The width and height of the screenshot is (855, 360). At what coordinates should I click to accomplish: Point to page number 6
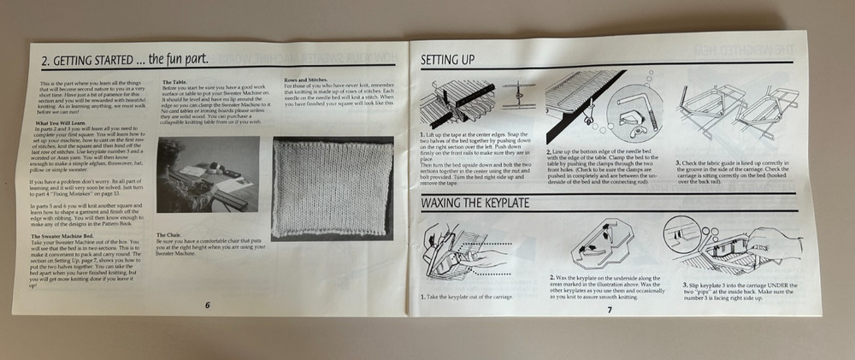[207, 304]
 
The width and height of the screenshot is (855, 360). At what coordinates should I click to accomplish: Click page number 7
[610, 309]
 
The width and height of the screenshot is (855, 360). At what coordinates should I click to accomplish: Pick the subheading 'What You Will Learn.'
[55, 125]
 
